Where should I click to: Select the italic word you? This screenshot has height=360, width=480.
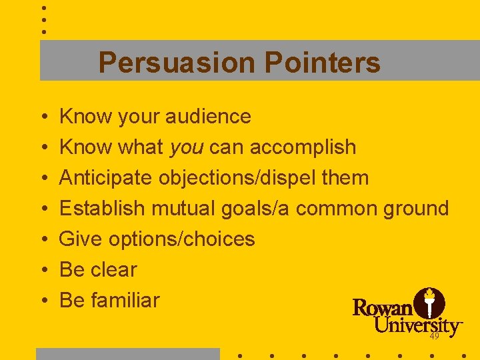click(186, 147)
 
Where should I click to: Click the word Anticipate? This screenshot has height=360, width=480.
click(106, 178)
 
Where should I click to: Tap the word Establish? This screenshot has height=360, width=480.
click(102, 209)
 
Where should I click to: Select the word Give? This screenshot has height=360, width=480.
click(81, 239)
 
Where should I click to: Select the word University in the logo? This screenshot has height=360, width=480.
click(417, 326)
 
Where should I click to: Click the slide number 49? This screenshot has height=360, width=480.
click(435, 337)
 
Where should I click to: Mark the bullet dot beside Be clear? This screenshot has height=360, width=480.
click(43, 271)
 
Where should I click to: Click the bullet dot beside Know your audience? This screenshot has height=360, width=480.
click(43, 117)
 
